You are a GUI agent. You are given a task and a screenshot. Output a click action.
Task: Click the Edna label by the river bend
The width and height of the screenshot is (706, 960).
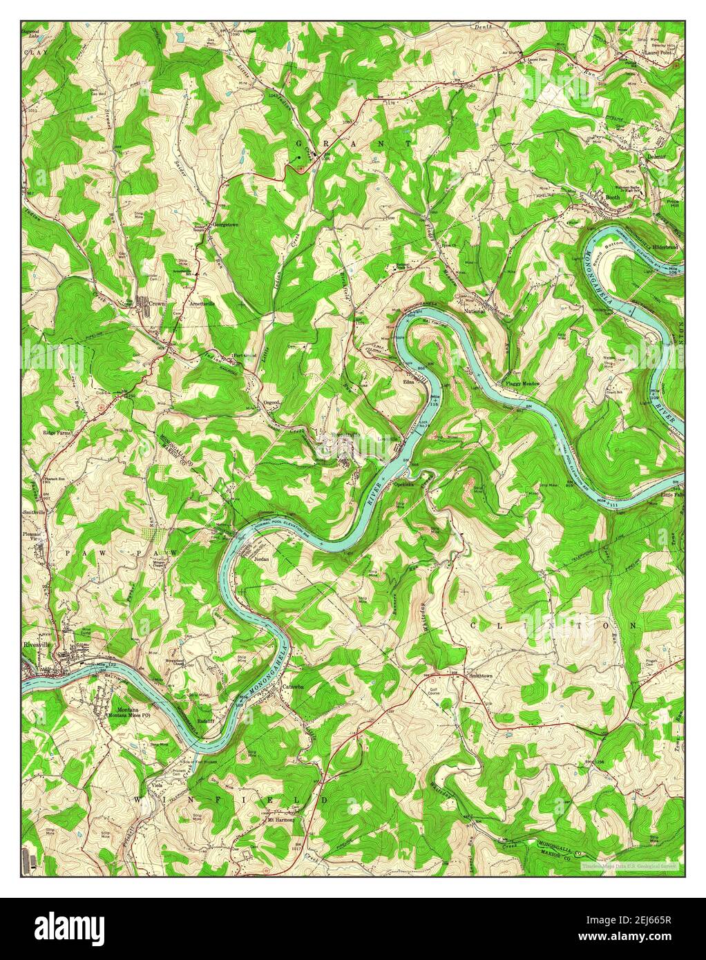click(410, 380)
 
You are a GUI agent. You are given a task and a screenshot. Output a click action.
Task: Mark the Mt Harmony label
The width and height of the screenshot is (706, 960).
click(281, 820)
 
